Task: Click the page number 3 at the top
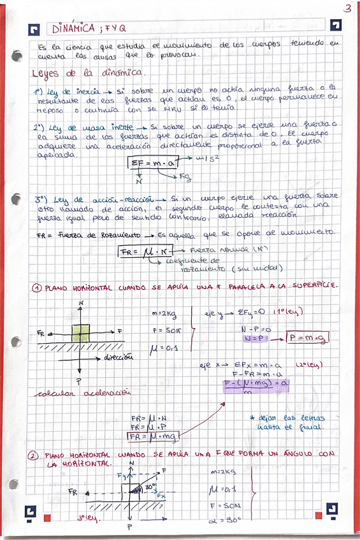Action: [347, 8]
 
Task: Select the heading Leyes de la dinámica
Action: [90, 73]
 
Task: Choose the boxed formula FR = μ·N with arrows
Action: [142, 252]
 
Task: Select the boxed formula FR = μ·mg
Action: [153, 437]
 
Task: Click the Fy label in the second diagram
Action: [122, 475]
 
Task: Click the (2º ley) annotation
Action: [310, 366]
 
